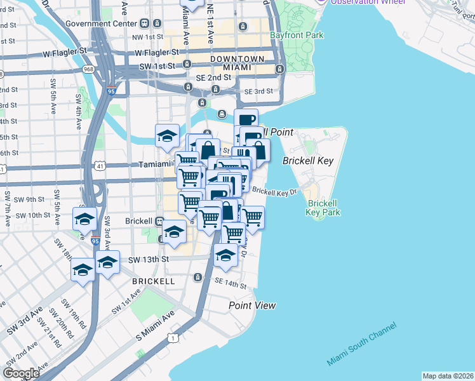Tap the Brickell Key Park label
pos(323,208)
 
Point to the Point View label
pos(252,305)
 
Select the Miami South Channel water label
pos(362,344)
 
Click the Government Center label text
pos(101,23)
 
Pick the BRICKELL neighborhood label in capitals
pos(153,281)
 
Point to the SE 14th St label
pos(230,283)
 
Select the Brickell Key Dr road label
pos(274,190)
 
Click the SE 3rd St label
pos(258,91)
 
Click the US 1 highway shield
pos(172,338)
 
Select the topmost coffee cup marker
pos(246,119)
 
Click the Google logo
pos(22,373)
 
